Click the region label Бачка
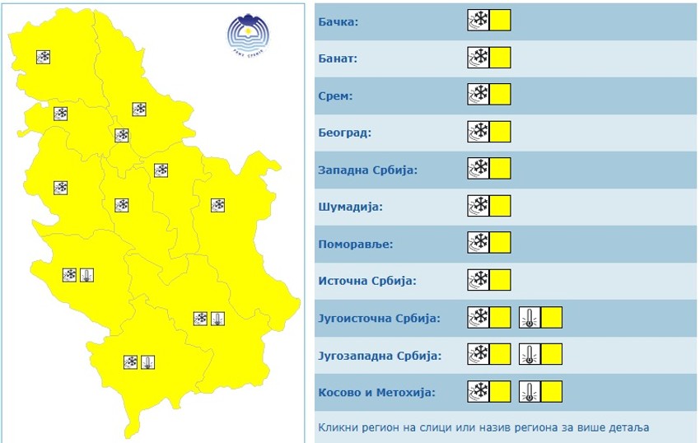pos(338,22)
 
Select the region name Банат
pos(337,59)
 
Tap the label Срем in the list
pos(335,96)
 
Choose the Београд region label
pos(344,133)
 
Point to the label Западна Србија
pos(367,170)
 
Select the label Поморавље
pos(356,244)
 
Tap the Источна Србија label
pos(367,281)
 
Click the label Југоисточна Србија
pos(379,318)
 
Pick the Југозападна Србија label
pos(380,356)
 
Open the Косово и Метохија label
pos(376,393)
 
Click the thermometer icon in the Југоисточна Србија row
pos(530,318)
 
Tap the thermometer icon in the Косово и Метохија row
pos(530,393)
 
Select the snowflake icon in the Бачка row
pos(478,21)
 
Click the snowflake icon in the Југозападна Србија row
pos(478,355)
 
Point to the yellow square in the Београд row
pos(500,132)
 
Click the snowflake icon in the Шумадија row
pos(478,206)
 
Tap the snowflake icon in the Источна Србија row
pos(478,280)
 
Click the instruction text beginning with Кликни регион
pos(483,427)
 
